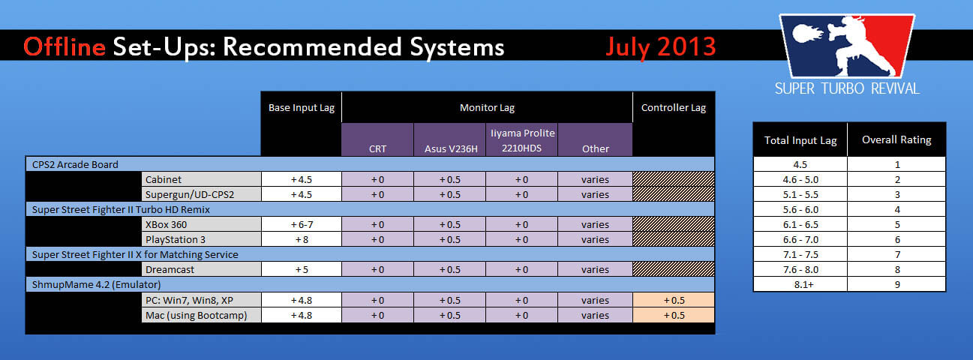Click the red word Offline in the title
65,47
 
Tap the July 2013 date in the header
661,47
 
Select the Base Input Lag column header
302,108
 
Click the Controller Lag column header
673,108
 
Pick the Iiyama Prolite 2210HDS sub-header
522,140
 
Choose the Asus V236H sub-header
451,149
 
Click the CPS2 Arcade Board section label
75,164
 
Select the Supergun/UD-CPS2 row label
190,194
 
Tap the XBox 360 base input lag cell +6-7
302,224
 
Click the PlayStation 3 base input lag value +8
302,240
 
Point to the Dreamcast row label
170,270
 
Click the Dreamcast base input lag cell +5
302,270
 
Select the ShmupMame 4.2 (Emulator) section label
97,285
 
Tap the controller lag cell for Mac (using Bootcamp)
674,315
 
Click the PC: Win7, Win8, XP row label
189,301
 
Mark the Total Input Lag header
800,141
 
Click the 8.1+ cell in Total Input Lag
800,284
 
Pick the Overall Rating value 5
897,224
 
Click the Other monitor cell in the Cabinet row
595,179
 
